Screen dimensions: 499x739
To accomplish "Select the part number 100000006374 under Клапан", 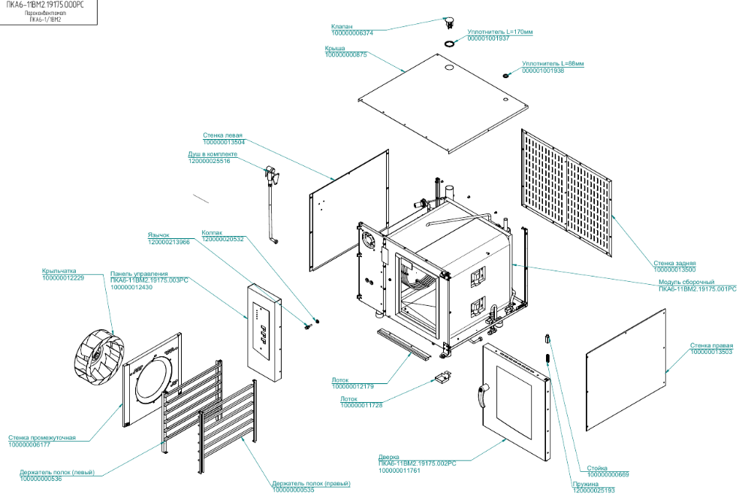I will click(352, 33).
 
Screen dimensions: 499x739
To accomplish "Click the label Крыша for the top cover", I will click(335, 48).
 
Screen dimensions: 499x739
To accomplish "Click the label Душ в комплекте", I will click(209, 154).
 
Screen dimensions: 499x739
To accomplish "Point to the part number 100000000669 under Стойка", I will click(608, 474).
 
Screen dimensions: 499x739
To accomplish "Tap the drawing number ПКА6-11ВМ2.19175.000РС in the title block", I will click(45, 5).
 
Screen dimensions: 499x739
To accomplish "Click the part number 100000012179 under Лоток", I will click(353, 386).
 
